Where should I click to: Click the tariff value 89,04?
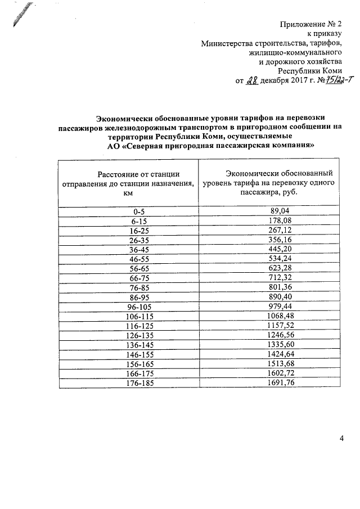pyautogui.click(x=279, y=210)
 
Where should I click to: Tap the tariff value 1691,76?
pyautogui.click(x=279, y=382)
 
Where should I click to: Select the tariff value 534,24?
pyautogui.click(x=279, y=258)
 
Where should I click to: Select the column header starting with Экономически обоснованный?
pyautogui.click(x=279, y=182)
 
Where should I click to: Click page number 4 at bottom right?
pyautogui.click(x=341, y=438)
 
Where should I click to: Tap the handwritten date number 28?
pyautogui.click(x=251, y=80)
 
